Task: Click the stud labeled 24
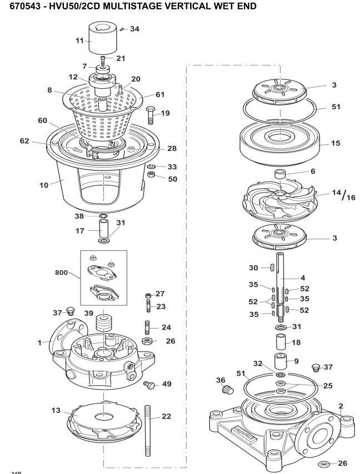[x=149, y=324]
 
